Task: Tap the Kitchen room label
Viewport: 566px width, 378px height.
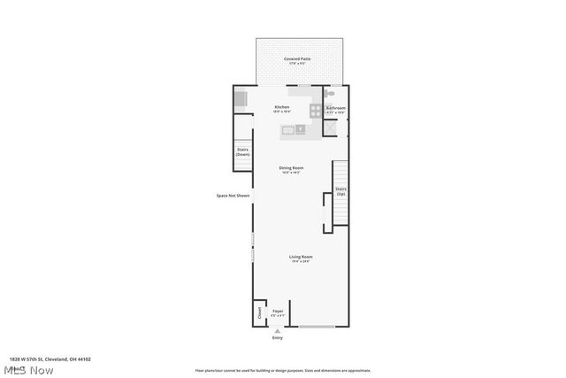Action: tap(281, 107)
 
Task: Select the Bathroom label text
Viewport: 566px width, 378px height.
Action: tap(336, 107)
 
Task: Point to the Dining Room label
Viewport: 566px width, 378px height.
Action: tap(291, 168)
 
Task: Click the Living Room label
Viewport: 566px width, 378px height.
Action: tap(300, 258)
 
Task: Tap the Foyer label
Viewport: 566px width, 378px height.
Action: tap(278, 312)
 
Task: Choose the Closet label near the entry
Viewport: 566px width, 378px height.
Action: tap(259, 312)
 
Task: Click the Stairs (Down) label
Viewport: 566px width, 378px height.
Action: tap(242, 151)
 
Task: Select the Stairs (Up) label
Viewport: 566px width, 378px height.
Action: tap(340, 190)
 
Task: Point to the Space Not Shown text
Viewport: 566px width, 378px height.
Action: tap(233, 196)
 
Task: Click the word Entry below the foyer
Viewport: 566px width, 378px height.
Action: tap(278, 338)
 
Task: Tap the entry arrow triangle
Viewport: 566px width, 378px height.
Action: tap(278, 331)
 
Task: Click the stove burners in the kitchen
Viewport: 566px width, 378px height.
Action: tap(315, 111)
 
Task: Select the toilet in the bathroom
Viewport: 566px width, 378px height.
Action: tap(330, 94)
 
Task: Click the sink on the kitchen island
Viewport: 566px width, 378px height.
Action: tap(300, 130)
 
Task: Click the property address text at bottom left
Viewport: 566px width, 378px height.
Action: tap(50, 359)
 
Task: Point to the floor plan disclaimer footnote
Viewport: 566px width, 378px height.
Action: tap(282, 371)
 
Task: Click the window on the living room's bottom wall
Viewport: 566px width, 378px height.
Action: tap(316, 327)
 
